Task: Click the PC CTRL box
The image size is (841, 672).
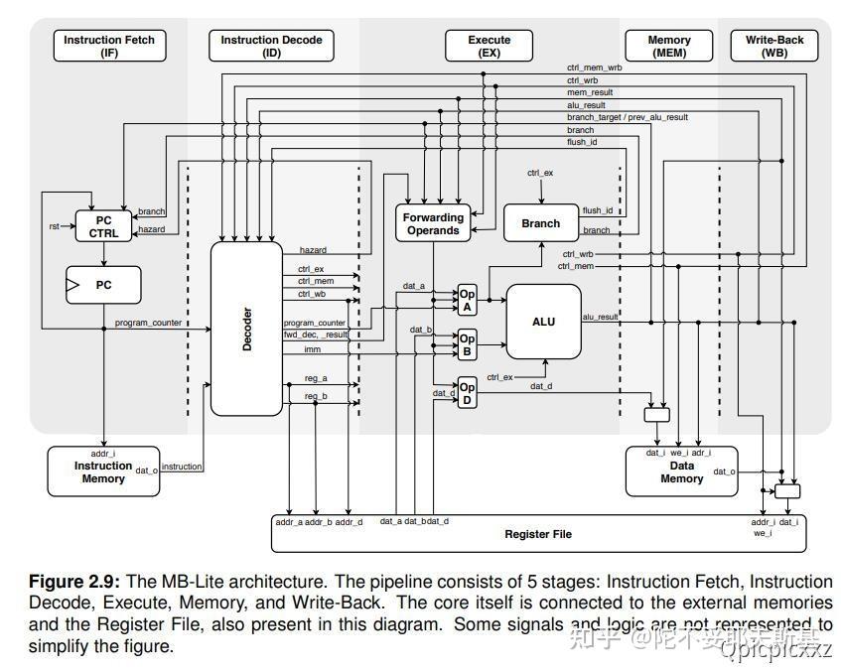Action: pos(103,226)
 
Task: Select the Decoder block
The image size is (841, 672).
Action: pos(246,329)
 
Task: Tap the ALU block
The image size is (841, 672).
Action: pos(543,322)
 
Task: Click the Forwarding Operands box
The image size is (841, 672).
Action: pos(433,223)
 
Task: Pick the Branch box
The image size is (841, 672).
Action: pos(540,223)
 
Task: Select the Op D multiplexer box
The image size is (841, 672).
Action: pos(467,392)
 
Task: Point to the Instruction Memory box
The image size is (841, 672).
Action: pos(102,471)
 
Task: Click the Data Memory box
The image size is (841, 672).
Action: pos(681,471)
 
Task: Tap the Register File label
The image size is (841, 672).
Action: pos(537,534)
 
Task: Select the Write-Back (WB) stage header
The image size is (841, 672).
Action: pos(773,46)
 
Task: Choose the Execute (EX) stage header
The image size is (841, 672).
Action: pos(489,46)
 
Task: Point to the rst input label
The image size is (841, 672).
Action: pos(55,226)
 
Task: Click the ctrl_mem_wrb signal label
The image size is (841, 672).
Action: pos(594,67)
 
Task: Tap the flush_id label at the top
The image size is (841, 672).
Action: pos(581,143)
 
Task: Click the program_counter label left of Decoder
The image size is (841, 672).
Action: pos(148,323)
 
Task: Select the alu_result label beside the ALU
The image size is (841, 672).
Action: pos(600,317)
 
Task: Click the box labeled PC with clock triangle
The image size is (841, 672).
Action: pos(103,285)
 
